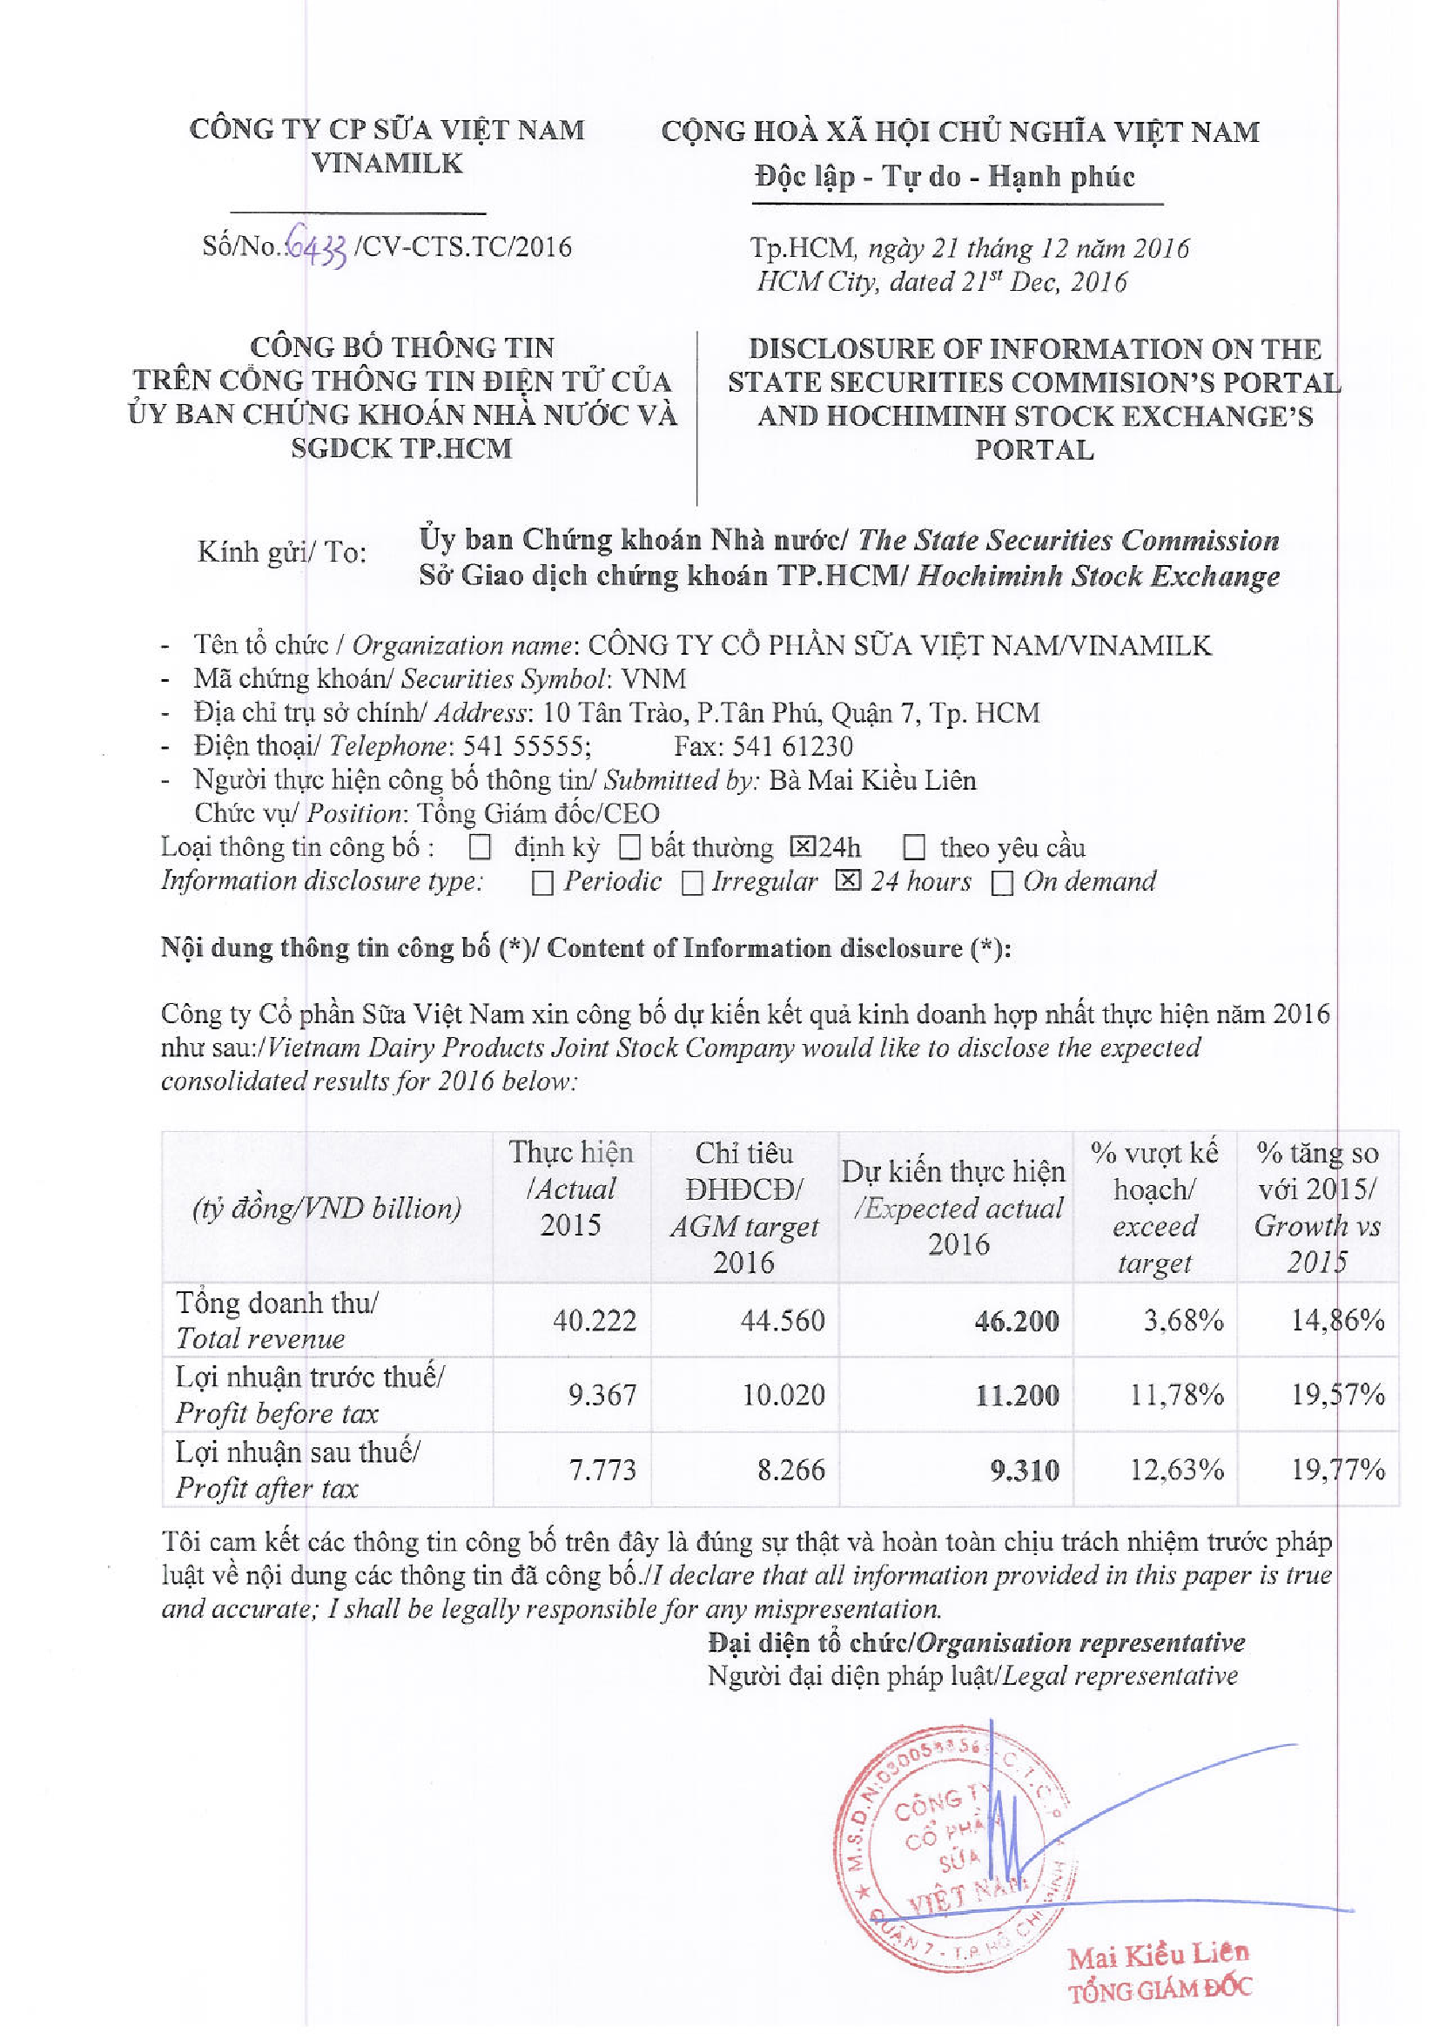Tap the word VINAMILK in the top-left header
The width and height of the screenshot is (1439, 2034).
[x=387, y=163]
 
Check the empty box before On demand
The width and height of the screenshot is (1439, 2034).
[x=1002, y=884]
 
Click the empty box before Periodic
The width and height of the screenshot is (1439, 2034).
[x=542, y=884]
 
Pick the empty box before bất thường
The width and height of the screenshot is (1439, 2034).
[x=629, y=848]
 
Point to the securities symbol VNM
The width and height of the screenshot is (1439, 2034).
[x=654, y=679]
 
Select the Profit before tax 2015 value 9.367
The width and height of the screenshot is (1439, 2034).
[x=602, y=1395]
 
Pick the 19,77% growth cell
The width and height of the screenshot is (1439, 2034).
[x=1337, y=1470]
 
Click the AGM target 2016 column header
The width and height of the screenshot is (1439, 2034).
[x=744, y=1207]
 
